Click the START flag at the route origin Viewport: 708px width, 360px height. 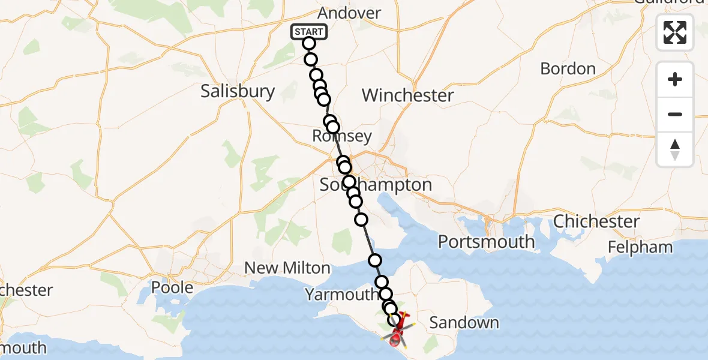(309, 32)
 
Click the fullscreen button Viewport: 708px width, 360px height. (675, 32)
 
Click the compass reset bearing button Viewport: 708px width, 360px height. (675, 149)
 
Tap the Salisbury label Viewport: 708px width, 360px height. (238, 91)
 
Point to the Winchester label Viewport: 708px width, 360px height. (408, 95)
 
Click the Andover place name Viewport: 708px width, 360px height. (349, 13)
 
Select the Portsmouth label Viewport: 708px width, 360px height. (486, 242)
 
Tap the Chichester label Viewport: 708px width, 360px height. (596, 221)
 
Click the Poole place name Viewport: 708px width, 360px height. (172, 287)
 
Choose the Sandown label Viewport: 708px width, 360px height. (464, 323)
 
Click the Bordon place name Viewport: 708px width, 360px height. (568, 68)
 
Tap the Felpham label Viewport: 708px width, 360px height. (640, 247)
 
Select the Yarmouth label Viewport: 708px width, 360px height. (341, 295)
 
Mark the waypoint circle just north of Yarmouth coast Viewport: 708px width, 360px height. (375, 260)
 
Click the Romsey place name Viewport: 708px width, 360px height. (342, 136)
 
